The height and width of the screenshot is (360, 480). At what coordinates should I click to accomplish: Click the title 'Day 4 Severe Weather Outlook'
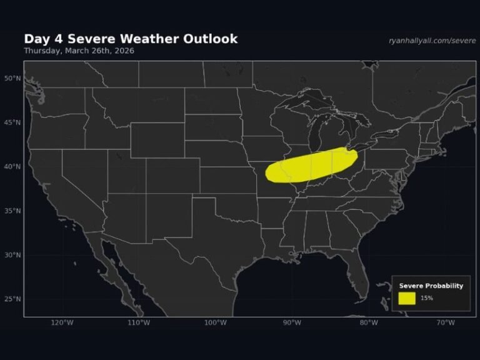(x=131, y=39)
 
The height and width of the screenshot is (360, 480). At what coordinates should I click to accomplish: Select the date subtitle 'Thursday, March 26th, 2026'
(x=79, y=51)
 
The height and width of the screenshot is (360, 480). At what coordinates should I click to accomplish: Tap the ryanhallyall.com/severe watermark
(x=432, y=40)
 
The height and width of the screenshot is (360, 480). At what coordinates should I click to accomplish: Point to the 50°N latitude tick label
(x=12, y=78)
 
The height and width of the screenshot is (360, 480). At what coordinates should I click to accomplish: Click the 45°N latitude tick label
(x=12, y=122)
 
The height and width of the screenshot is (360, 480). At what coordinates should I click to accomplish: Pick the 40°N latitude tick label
(x=12, y=166)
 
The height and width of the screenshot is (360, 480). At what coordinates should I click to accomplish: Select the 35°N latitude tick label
(x=12, y=211)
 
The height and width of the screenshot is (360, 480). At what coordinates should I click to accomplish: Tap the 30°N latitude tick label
(x=12, y=254)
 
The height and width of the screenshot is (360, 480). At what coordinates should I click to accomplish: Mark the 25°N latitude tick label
(x=12, y=299)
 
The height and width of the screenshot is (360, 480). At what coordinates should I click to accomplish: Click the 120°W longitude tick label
(x=62, y=322)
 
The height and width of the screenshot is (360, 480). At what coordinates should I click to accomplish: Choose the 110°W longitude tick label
(x=139, y=322)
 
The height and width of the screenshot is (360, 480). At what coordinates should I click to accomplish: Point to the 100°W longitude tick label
(x=215, y=322)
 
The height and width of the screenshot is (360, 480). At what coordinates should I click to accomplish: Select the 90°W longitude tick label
(x=292, y=322)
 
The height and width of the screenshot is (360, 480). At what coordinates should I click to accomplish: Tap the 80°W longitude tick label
(x=369, y=322)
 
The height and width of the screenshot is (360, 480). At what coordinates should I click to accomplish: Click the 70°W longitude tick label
(x=446, y=322)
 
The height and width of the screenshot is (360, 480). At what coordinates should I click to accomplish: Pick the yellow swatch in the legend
(x=407, y=298)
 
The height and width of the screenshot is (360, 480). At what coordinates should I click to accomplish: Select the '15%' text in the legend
(x=427, y=298)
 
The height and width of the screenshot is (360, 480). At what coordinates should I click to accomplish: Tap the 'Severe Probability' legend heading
(x=431, y=286)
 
